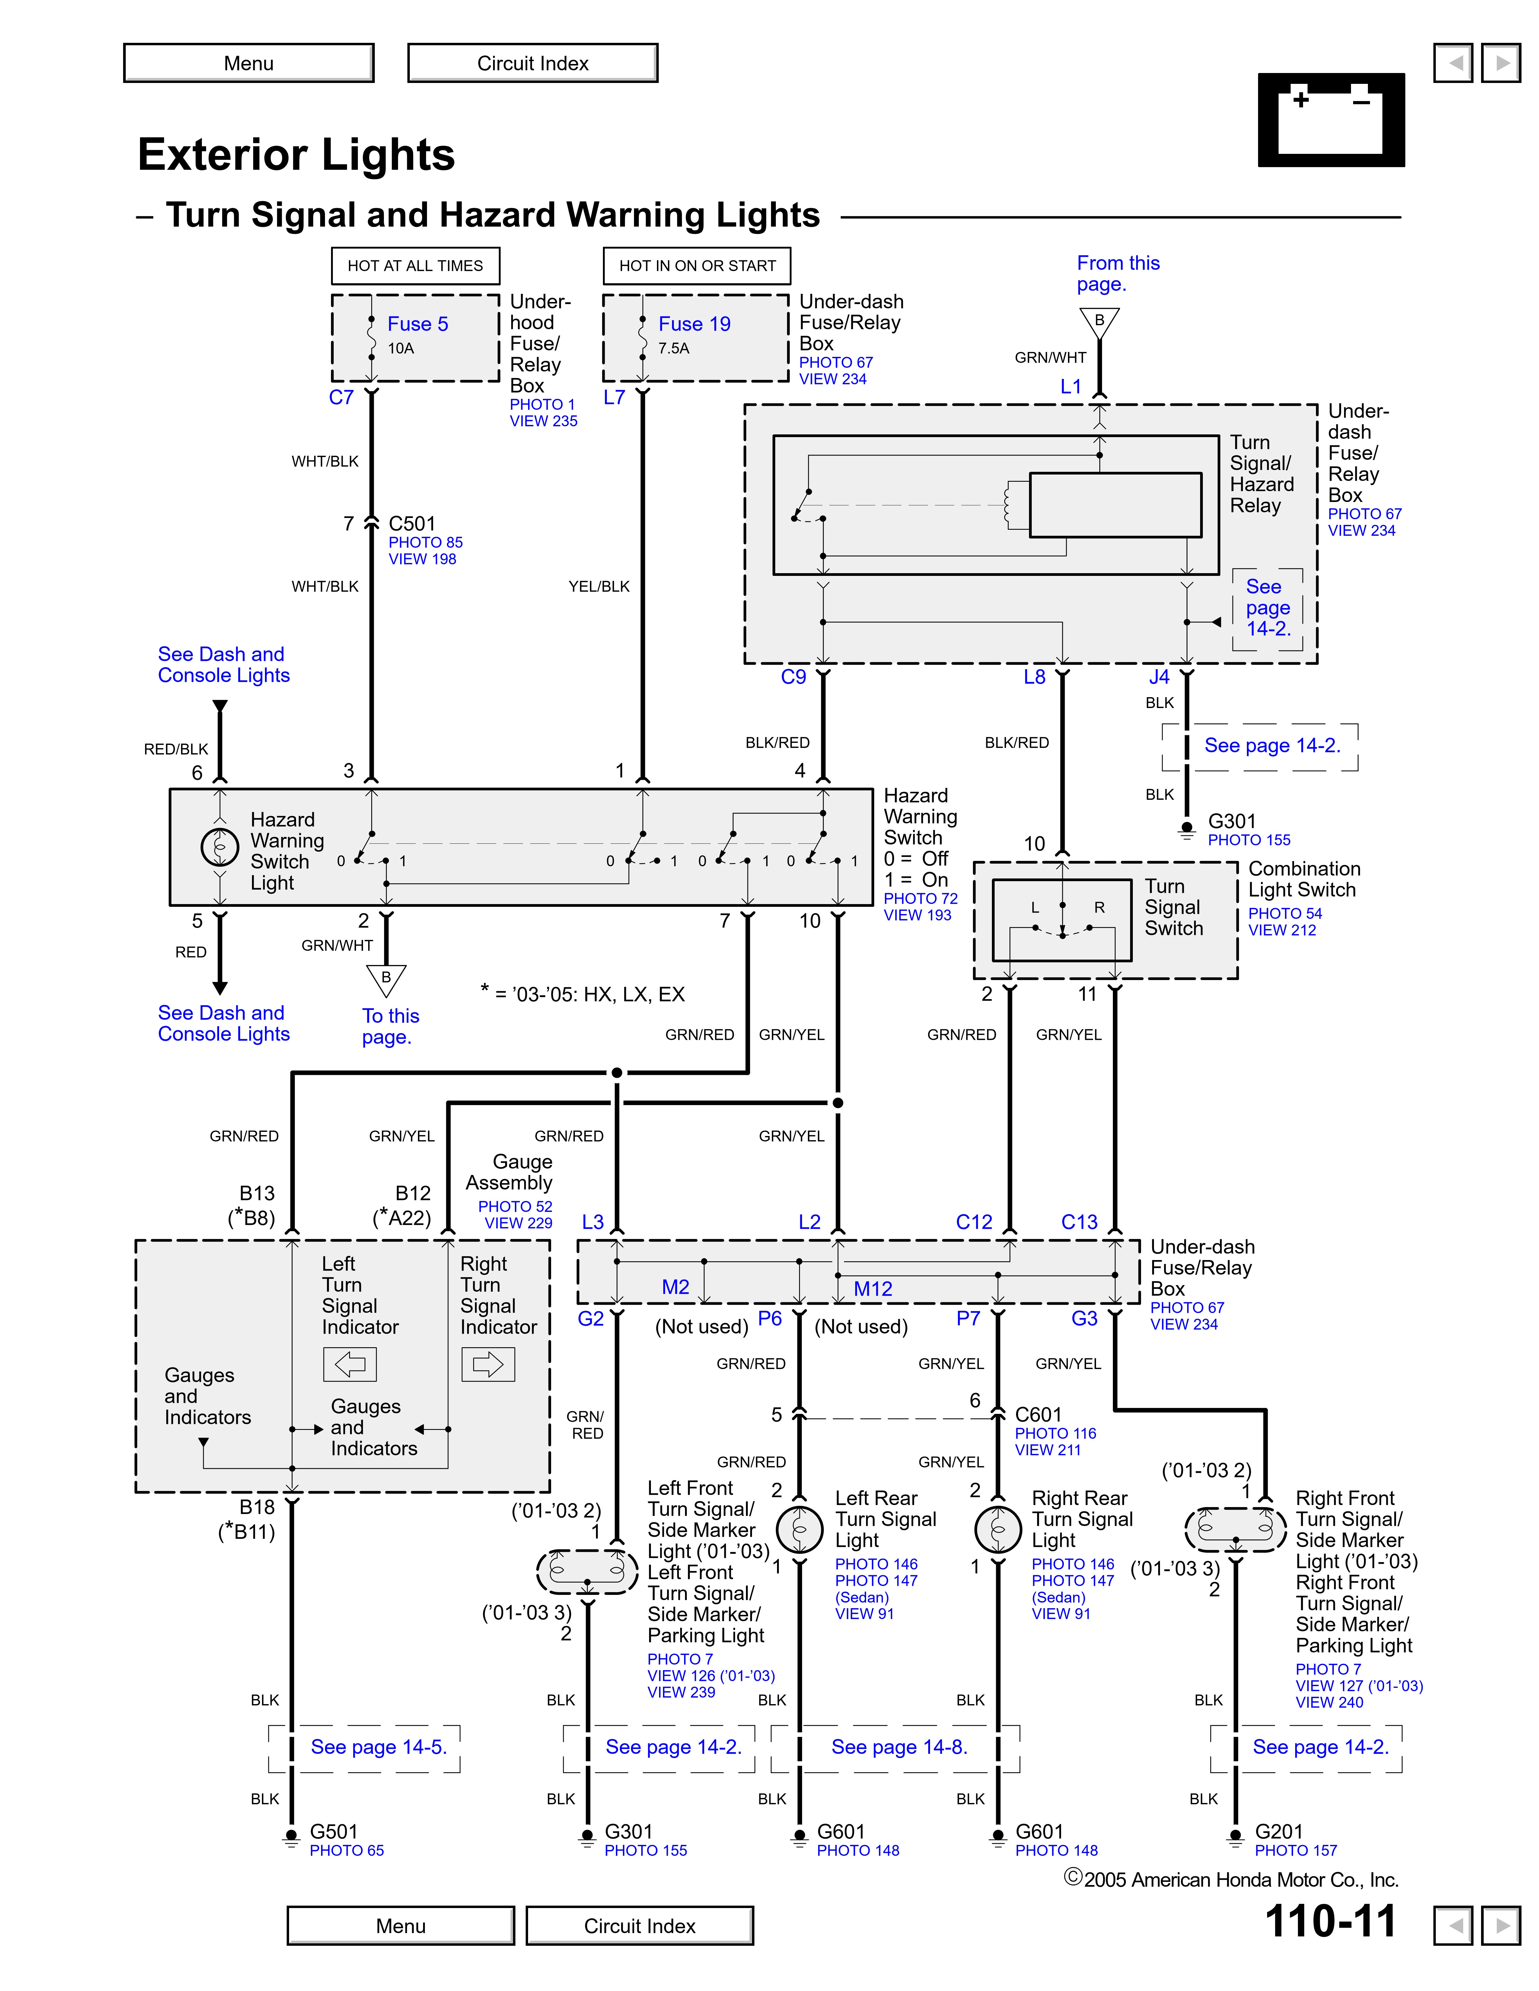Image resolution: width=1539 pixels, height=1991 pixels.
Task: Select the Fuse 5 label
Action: (x=418, y=324)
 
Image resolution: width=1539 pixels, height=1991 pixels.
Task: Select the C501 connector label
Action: (x=412, y=523)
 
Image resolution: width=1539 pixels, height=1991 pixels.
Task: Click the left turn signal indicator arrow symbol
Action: (x=350, y=1364)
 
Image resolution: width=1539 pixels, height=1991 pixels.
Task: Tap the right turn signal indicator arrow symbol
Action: (x=488, y=1364)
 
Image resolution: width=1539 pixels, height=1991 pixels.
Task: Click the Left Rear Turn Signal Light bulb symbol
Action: (x=800, y=1530)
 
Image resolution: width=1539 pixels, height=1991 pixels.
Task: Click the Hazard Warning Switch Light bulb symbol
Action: (x=220, y=847)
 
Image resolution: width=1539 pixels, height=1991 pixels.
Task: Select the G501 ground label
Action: (x=334, y=1831)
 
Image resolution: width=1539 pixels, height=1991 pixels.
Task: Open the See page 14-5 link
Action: (x=378, y=1747)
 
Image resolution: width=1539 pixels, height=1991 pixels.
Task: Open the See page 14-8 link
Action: (x=899, y=1747)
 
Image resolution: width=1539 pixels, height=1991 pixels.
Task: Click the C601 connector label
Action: (x=1038, y=1414)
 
